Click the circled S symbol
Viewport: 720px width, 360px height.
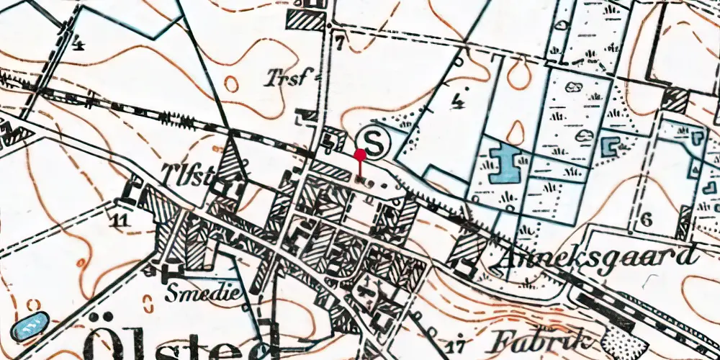click(374, 141)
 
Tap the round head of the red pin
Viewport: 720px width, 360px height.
click(360, 153)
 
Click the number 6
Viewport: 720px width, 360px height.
click(646, 221)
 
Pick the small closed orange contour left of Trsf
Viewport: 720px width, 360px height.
click(230, 84)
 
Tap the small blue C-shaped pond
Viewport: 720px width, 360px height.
click(611, 147)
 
